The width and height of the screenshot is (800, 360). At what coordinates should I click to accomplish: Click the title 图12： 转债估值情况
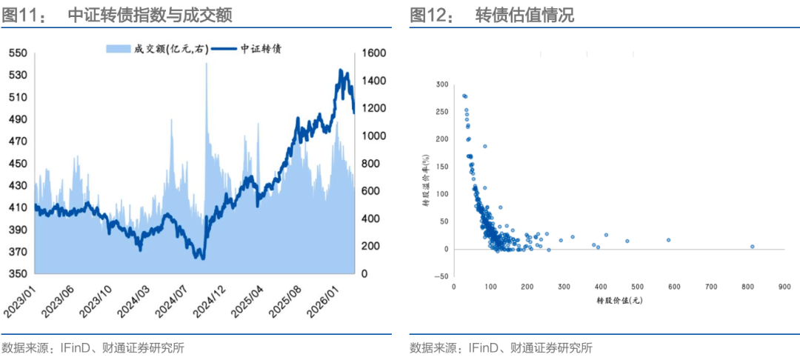tap(492, 15)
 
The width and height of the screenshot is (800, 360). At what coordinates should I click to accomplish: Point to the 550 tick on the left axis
tap(18, 53)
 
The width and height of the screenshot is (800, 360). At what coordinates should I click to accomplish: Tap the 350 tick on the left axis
tap(18, 274)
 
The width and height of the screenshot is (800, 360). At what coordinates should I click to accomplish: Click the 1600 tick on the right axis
tap(376, 53)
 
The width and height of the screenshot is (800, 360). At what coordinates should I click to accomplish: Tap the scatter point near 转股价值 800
tap(752, 247)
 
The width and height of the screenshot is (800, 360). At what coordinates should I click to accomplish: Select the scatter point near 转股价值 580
tap(668, 240)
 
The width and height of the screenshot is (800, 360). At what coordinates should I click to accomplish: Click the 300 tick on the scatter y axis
tap(441, 84)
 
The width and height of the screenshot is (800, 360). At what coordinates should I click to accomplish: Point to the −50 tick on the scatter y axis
tap(441, 277)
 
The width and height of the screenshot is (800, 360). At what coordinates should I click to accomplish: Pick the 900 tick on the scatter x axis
tap(784, 286)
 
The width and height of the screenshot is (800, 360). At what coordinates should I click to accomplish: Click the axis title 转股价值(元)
tap(619, 301)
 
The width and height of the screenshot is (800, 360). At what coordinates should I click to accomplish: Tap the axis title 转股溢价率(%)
tap(427, 181)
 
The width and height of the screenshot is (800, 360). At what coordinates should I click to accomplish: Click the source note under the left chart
tap(93, 347)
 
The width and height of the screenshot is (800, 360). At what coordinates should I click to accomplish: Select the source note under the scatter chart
tap(501, 347)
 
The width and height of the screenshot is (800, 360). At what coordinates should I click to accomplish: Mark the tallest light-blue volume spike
tap(206, 65)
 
